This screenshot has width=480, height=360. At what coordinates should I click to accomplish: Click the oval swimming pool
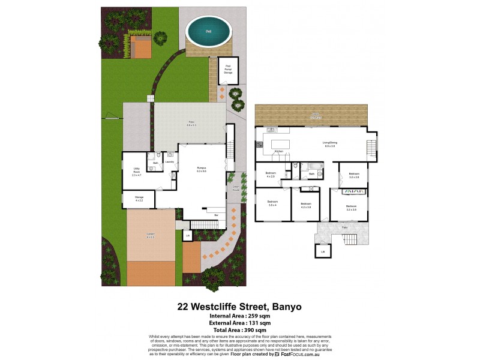click(x=208, y=31)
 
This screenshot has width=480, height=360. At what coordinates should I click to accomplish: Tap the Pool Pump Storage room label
click(x=229, y=69)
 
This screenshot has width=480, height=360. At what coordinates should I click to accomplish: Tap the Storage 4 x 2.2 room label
click(x=139, y=199)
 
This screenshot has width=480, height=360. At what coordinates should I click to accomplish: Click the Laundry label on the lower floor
click(x=170, y=162)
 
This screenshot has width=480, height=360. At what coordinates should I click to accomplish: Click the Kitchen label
click(x=278, y=151)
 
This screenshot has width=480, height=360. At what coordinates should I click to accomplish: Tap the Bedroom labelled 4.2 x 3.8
click(x=306, y=205)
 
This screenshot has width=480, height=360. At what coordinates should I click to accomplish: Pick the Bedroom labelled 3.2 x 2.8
click(x=353, y=175)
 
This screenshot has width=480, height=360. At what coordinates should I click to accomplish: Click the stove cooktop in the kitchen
click(x=260, y=145)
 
